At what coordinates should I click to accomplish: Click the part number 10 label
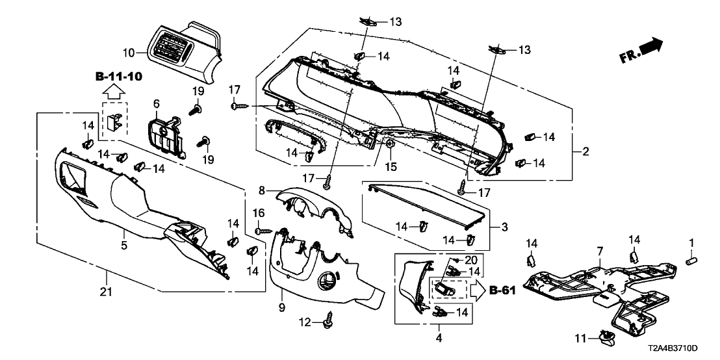128,51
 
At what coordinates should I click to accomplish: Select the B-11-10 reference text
119,77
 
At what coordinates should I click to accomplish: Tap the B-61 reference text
502,290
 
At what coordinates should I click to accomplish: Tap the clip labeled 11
609,336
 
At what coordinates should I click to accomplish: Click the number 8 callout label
262,190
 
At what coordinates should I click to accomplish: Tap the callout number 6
156,104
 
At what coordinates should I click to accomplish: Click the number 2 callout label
585,152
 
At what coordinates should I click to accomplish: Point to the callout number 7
600,251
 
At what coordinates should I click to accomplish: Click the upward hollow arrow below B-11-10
113,92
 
